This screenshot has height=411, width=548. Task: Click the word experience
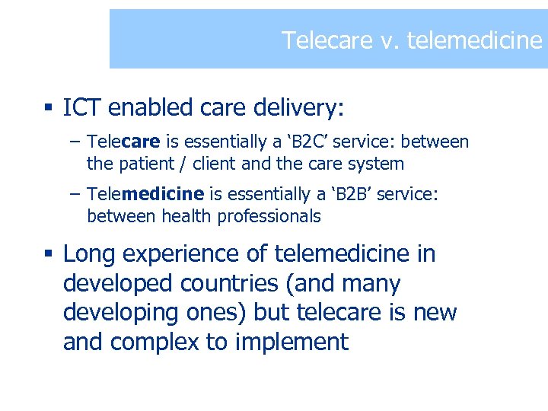pos(183,253)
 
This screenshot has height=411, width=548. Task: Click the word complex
pos(157,342)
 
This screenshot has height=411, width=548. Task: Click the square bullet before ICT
pos(47,109)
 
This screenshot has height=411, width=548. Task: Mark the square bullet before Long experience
pos(47,254)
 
